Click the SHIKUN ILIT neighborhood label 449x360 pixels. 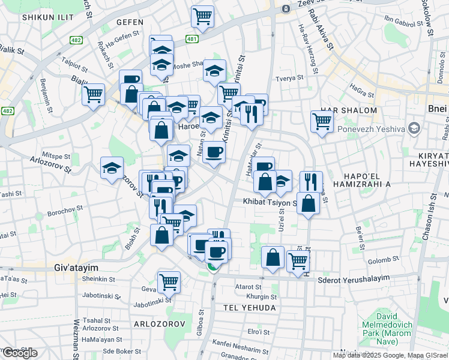click(x=44, y=18)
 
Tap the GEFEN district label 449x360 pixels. click(x=130, y=22)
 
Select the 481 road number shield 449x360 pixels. click(x=191, y=40)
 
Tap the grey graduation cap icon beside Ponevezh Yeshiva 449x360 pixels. click(x=413, y=128)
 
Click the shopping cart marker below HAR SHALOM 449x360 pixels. click(x=322, y=121)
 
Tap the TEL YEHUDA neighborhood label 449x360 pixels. click(x=249, y=308)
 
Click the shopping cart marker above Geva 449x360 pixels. click(x=169, y=281)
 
